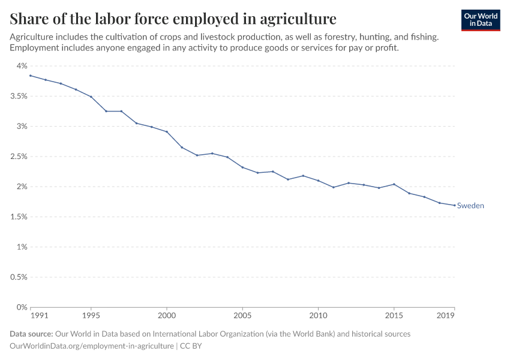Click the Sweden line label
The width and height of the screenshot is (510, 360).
[470, 206]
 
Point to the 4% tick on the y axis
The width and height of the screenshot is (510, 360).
[22, 66]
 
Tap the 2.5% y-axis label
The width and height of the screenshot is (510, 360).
[19, 157]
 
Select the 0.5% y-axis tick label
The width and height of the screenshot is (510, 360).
[19, 277]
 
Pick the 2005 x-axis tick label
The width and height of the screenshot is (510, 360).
[242, 315]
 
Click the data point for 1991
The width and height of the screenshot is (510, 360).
[31, 76]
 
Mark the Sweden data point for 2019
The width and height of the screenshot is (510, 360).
[454, 205]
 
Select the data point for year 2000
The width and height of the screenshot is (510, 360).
[167, 131]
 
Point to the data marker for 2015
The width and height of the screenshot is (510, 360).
[394, 184]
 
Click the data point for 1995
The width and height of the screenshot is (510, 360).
[91, 97]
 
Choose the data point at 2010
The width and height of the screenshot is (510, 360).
[318, 181]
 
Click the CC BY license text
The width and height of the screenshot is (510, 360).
[190, 346]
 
